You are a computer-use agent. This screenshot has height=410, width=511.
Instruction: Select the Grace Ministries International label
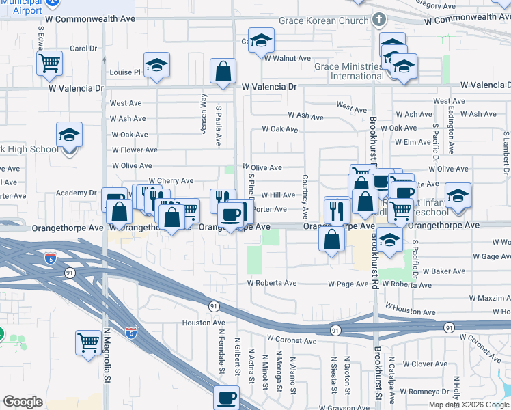coord(348,71)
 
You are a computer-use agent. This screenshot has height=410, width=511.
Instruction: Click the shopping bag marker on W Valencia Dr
coord(223,71)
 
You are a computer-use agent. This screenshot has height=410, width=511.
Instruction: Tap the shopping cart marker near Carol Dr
coord(50,63)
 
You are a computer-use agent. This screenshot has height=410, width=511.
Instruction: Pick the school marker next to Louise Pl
coord(157,66)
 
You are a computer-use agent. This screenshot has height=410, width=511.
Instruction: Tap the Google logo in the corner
coord(23,402)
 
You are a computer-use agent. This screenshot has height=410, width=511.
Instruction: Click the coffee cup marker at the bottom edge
coord(227,398)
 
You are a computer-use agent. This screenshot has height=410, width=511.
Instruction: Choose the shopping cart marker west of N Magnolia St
coord(89,342)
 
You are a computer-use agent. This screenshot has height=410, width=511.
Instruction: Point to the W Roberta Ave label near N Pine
coord(272,283)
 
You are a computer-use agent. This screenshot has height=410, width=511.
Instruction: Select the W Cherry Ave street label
coord(171,181)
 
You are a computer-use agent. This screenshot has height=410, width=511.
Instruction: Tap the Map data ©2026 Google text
coord(469,405)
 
